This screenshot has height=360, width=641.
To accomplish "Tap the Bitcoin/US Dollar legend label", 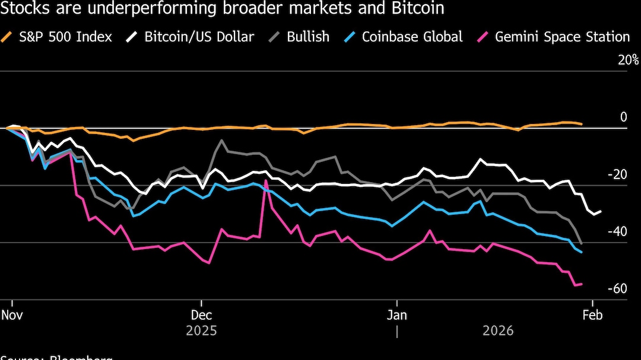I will tap(199, 37).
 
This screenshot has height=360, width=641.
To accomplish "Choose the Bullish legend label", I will tap(308, 37).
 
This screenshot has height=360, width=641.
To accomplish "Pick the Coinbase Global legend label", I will tap(412, 37).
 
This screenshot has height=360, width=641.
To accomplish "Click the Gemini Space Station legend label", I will tap(561, 37).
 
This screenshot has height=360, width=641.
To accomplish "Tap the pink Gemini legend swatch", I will tap(484, 37).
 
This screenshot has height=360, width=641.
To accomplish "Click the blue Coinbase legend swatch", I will tap(351, 37).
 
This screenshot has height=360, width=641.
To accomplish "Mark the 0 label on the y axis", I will tap(623, 117).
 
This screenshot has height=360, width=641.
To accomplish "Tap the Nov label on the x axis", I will tap(12, 314).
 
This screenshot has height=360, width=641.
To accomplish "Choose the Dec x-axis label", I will tap(201, 314).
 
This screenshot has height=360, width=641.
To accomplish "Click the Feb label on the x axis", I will tap(592, 314).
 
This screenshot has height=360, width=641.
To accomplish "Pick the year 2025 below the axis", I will tap(201, 330).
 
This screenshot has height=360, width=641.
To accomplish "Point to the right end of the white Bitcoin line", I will tap(601, 211).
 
